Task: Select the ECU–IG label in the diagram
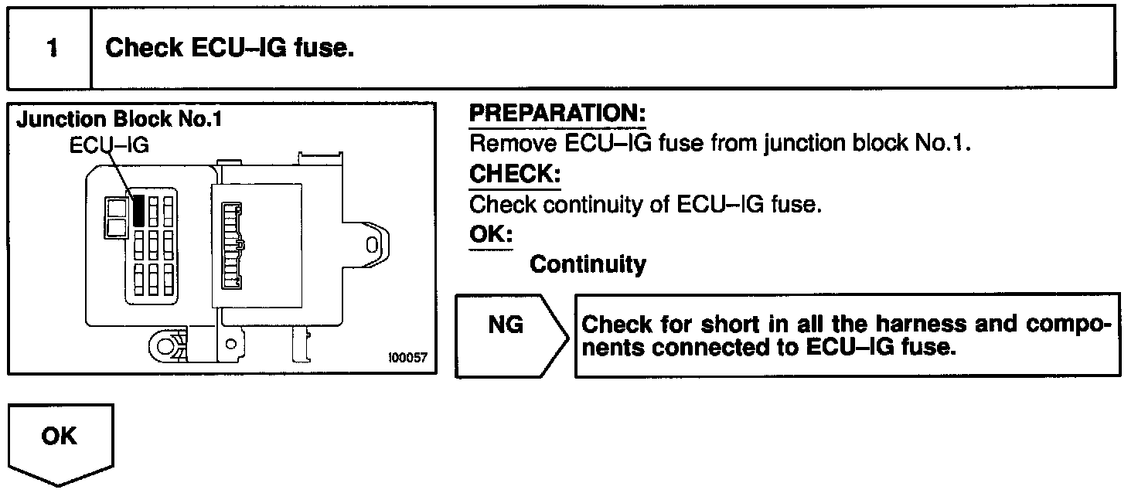pyautogui.click(x=109, y=144)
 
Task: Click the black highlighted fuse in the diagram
pyautogui.click(x=138, y=210)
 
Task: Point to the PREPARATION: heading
pyautogui.click(x=557, y=114)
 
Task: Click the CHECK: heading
pyautogui.click(x=515, y=175)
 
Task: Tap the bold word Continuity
pyautogui.click(x=588, y=265)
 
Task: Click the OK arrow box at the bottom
pyautogui.click(x=60, y=442)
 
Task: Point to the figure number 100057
pyautogui.click(x=407, y=359)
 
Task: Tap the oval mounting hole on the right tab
pyautogui.click(x=372, y=246)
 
